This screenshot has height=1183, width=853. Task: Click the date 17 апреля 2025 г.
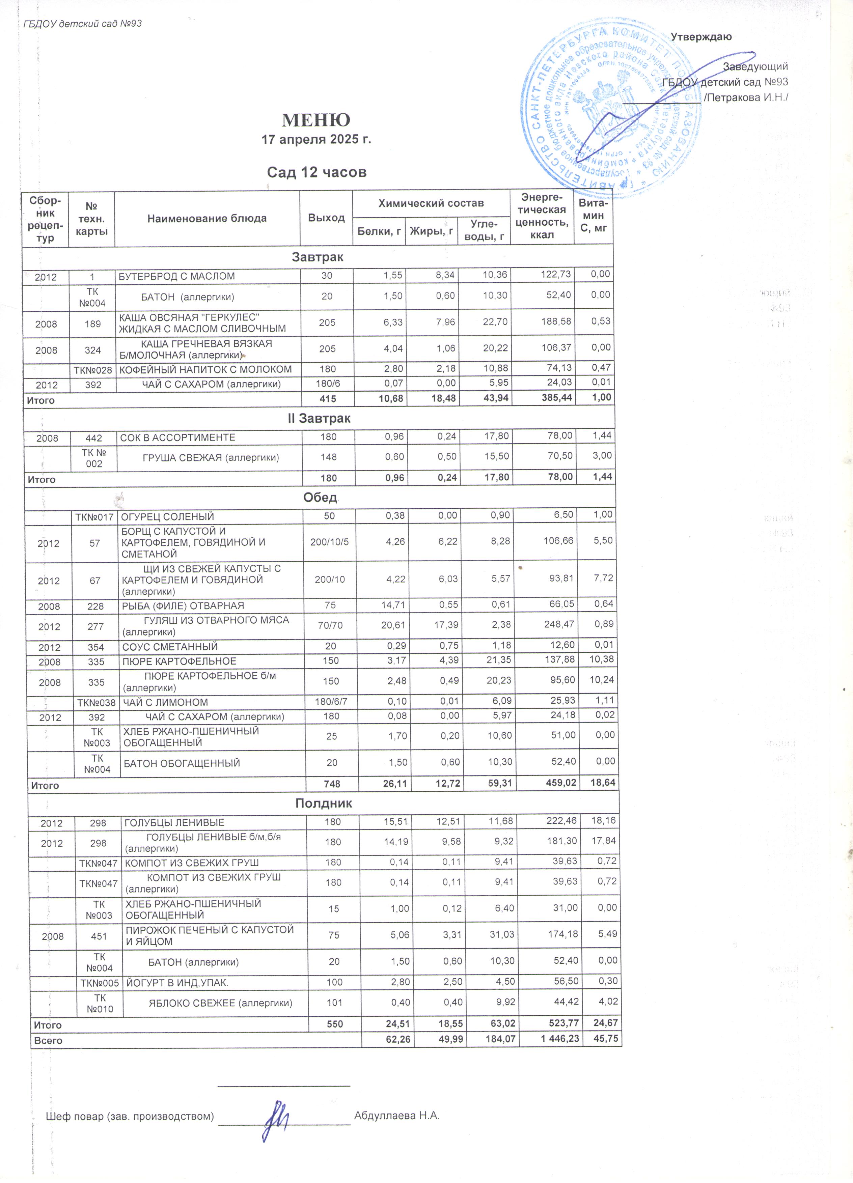pyautogui.click(x=316, y=140)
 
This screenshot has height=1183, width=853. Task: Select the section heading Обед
pyautogui.click(x=320, y=498)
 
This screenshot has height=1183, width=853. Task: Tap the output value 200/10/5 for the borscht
pyautogui.click(x=329, y=542)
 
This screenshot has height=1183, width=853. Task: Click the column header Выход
pyautogui.click(x=326, y=218)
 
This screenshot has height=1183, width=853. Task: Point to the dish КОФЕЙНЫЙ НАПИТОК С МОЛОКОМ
pyautogui.click(x=205, y=370)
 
